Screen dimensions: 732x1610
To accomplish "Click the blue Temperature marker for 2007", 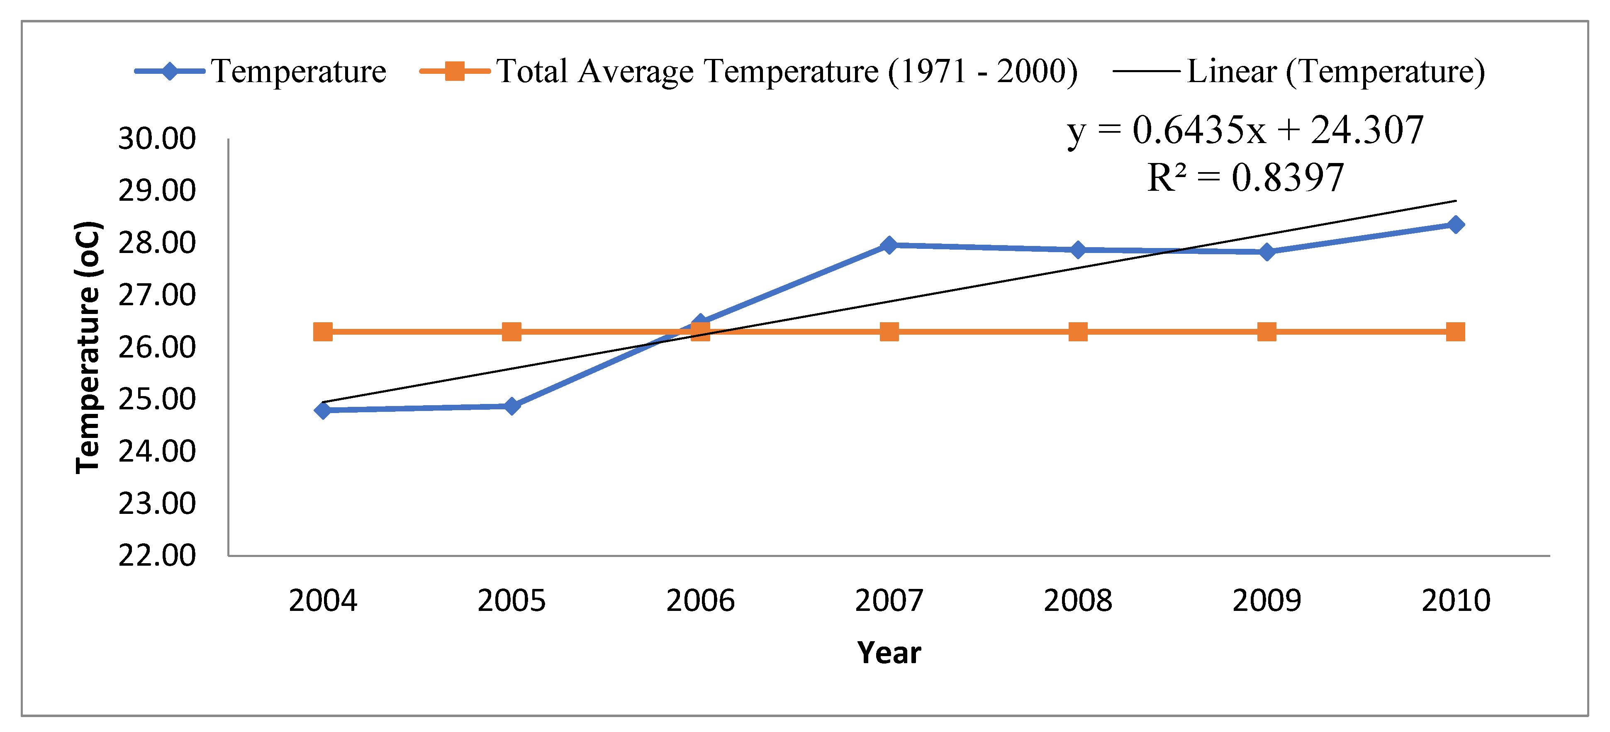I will coord(889,245).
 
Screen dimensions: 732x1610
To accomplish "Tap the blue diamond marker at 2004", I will coord(322,410).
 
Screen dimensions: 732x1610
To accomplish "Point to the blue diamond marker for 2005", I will coord(511,406).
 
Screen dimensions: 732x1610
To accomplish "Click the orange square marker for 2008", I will coord(1077,332).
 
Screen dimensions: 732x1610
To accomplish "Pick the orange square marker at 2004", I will coord(322,332).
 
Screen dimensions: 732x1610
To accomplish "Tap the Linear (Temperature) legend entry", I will coord(1300,71).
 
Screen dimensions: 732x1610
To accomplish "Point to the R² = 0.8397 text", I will coord(1245,178).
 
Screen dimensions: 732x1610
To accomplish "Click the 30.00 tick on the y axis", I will coord(157,139).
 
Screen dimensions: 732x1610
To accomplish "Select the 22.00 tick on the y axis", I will coord(157,555).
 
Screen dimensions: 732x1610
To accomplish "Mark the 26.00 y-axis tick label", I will coord(157,347).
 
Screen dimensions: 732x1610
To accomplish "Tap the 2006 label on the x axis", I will coord(700,601).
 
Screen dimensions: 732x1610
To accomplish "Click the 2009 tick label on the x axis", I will coord(1266,601).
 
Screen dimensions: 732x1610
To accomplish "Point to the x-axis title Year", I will coord(889,653).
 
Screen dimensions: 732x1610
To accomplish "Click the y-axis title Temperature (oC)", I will coord(88,347).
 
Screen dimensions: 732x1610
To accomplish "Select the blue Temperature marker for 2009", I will coord(1266,252).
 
